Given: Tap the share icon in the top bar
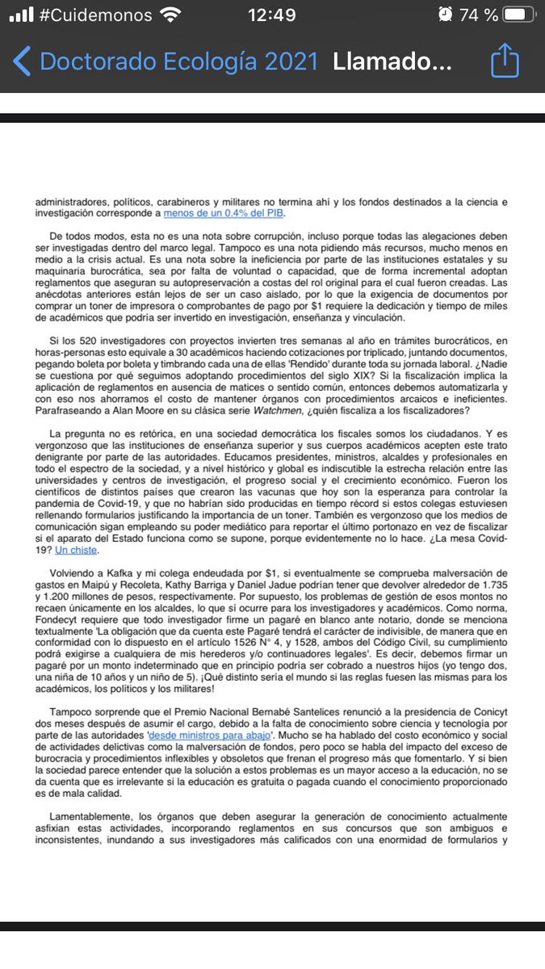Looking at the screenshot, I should tap(505, 61).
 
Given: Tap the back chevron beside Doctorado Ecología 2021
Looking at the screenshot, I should tap(23, 62).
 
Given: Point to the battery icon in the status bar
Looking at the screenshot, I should tap(518, 15).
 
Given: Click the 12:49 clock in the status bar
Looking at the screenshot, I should tap(271, 15).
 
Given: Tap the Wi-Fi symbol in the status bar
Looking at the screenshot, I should tap(170, 15).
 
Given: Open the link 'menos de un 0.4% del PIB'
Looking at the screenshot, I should tap(224, 214).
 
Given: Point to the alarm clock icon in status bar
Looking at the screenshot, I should tap(444, 15).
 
